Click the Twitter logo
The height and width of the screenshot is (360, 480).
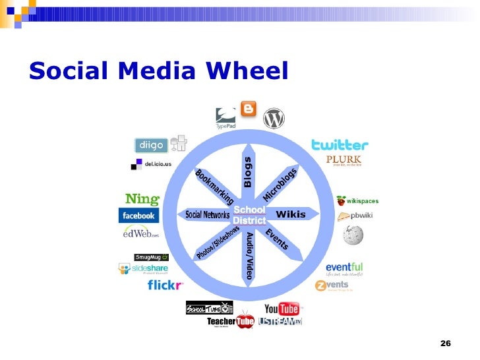pyautogui.click(x=340, y=144)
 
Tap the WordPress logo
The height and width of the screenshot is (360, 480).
pyautogui.click(x=274, y=119)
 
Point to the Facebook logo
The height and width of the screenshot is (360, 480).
pyautogui.click(x=138, y=216)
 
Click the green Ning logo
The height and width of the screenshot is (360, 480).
pyautogui.click(x=142, y=198)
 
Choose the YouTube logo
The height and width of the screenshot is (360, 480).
pyautogui.click(x=282, y=309)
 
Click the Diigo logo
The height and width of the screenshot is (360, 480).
pyautogui.click(x=151, y=145)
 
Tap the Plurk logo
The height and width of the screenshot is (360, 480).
pyautogui.click(x=342, y=160)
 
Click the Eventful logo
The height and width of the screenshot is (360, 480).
pyautogui.click(x=344, y=268)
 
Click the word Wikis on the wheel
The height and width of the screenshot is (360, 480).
pyautogui.click(x=291, y=214)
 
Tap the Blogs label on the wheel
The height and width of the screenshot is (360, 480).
pyautogui.click(x=249, y=172)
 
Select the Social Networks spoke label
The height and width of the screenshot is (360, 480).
pyautogui.click(x=207, y=215)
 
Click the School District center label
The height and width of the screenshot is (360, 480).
pyautogui.click(x=249, y=215)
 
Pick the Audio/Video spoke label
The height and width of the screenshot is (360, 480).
pyautogui.click(x=249, y=255)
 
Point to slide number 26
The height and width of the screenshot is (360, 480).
pyautogui.click(x=445, y=344)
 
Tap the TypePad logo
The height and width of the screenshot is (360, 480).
pyautogui.click(x=225, y=117)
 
